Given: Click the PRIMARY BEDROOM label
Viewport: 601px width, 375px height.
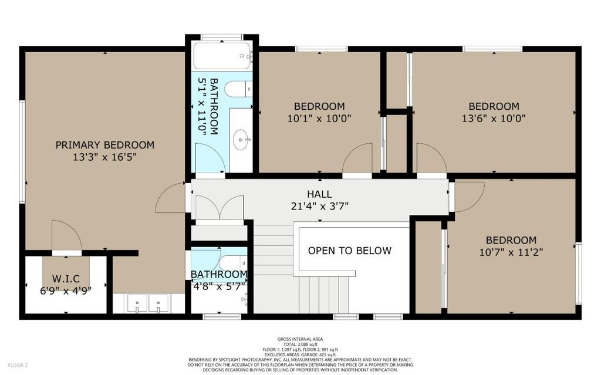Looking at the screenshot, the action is (105, 145).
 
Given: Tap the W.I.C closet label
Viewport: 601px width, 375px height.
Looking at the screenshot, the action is (66, 278).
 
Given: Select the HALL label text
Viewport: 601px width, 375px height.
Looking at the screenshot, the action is (319, 194).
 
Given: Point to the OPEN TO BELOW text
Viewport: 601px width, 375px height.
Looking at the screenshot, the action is (350, 251).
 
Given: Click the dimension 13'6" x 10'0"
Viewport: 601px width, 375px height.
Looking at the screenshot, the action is (494, 119).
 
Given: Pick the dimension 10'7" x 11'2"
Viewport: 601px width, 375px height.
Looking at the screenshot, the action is (511, 252).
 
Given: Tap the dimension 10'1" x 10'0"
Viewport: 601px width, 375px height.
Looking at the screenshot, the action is (319, 119).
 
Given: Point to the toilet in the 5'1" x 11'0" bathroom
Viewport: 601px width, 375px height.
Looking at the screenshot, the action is (238, 89).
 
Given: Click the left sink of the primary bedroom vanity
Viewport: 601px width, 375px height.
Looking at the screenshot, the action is (137, 303).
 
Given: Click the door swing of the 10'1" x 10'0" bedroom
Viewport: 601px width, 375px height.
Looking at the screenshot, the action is (357, 158).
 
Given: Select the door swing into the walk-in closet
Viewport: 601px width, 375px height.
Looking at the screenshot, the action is (67, 235).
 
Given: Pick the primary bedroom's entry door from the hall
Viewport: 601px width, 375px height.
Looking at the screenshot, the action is (171, 197).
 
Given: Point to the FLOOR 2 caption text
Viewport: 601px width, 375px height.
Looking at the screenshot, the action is (18, 366).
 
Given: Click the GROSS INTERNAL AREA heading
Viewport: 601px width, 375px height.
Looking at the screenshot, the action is (300, 339).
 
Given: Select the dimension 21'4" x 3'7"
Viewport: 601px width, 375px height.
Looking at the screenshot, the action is (319, 207).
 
